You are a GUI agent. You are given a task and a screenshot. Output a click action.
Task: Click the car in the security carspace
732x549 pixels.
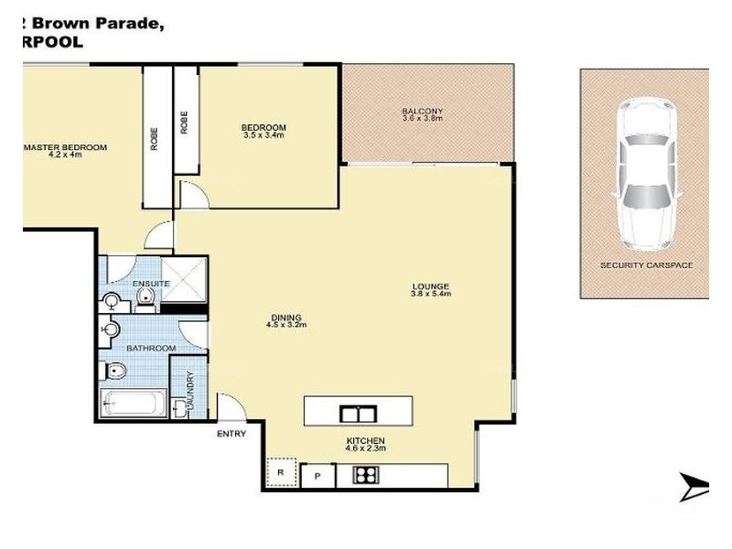tap(649, 175)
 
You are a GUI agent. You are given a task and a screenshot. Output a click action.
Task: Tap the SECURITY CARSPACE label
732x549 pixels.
tap(646, 265)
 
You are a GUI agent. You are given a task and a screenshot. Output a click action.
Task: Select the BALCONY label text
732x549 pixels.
tap(422, 112)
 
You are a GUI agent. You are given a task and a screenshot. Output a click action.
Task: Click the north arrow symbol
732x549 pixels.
tap(694, 487)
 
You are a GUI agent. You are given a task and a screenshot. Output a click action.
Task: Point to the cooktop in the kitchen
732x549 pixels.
tap(367, 476)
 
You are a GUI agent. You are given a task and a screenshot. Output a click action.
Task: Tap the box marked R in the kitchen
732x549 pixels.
tap(281, 473)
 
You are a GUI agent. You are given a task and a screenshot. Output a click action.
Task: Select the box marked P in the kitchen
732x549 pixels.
tap(318, 476)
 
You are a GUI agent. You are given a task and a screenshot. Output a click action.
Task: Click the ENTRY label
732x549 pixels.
tap(231, 434)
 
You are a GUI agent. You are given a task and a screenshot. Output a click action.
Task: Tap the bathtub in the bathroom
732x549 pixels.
tap(134, 403)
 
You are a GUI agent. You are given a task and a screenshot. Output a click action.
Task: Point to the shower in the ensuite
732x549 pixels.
tap(188, 278)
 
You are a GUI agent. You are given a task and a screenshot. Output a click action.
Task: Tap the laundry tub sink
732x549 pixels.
tap(179, 410)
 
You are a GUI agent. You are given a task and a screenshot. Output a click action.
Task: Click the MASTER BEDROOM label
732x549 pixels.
tap(65, 147)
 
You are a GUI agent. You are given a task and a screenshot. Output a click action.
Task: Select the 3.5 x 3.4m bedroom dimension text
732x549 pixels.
tap(264, 135)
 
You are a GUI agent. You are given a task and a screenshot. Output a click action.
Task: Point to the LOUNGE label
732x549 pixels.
tap(430, 286)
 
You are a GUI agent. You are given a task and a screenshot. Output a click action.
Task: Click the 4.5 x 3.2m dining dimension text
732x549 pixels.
tap(285, 325)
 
